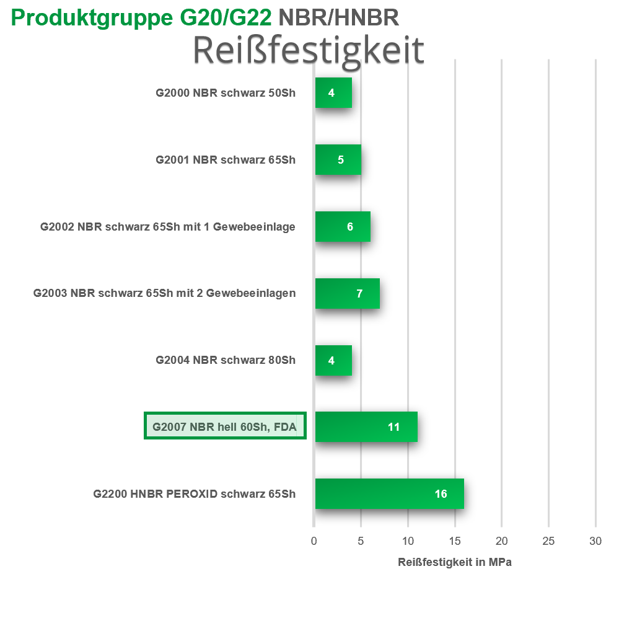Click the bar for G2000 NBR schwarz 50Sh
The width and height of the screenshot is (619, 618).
tap(333, 93)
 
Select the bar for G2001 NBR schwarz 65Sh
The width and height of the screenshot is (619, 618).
tap(338, 160)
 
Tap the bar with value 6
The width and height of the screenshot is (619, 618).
tap(343, 227)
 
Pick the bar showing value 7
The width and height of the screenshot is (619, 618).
tap(347, 294)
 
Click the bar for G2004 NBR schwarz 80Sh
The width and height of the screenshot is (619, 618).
tap(333, 361)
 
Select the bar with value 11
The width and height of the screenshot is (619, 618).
tap(366, 427)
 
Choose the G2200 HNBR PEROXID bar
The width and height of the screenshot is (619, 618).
tap(389, 494)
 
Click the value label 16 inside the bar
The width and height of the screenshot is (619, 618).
tap(441, 494)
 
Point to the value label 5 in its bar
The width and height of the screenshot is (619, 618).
tap(341, 160)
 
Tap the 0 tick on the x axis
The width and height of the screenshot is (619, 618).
tap(314, 541)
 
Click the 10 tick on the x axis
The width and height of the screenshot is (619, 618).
tap(408, 541)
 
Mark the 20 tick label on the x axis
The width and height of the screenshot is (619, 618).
tap(502, 541)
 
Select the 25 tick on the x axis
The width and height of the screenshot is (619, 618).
tap(548, 541)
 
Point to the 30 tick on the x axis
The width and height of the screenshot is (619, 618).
tap(595, 541)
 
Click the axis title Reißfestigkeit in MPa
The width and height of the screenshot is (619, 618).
tap(454, 562)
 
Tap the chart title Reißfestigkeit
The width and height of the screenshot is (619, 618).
tap(308, 50)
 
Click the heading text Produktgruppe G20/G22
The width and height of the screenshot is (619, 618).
tap(142, 18)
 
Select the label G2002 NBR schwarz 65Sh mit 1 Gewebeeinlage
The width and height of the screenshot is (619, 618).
tap(167, 227)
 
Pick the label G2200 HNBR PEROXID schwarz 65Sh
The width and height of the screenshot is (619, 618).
tap(195, 494)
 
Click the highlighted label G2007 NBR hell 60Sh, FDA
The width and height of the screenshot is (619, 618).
tap(225, 426)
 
